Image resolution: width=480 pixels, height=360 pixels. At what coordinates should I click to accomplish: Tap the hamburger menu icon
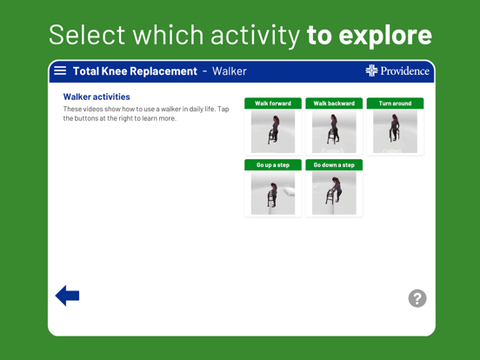click(60, 70)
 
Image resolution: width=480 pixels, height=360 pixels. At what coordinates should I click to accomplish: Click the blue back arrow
click(67, 296)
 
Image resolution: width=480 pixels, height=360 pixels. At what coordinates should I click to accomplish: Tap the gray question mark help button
click(417, 298)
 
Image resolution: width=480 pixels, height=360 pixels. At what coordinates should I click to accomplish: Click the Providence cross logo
click(372, 70)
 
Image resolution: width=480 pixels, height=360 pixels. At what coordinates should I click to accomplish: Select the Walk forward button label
click(273, 103)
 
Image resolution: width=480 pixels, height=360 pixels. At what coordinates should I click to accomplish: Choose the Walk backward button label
click(334, 103)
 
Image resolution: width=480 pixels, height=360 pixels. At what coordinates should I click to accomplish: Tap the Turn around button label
click(395, 103)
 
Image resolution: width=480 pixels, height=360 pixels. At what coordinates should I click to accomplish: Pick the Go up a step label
click(273, 164)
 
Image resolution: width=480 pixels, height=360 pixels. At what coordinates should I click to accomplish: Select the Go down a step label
click(334, 164)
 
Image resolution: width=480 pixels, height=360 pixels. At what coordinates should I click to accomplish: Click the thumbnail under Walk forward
click(273, 131)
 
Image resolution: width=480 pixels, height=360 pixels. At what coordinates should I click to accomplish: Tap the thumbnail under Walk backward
click(334, 131)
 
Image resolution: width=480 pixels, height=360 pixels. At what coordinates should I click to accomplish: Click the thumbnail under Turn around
click(395, 131)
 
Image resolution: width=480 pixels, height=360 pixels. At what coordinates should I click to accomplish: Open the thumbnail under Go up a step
click(273, 192)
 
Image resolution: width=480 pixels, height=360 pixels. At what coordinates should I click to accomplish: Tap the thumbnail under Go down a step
click(334, 192)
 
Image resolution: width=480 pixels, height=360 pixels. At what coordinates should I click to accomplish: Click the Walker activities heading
click(97, 97)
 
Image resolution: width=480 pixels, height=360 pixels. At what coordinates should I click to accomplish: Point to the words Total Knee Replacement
click(135, 71)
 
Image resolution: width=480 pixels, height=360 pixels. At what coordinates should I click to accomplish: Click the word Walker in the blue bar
click(230, 71)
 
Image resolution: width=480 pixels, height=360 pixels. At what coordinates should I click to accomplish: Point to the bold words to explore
click(370, 35)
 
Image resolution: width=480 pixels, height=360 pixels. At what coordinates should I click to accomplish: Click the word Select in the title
click(81, 35)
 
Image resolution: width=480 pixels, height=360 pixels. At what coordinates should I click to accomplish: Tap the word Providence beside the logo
click(405, 71)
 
